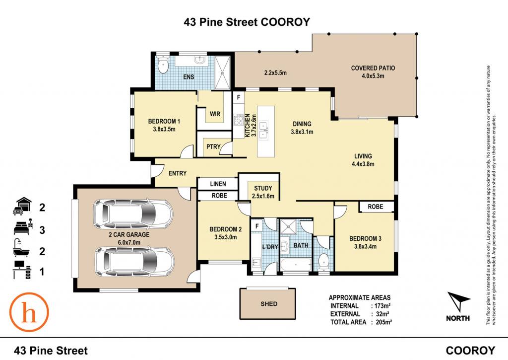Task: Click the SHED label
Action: [269, 304]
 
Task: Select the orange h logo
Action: [29, 312]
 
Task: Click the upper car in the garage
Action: [133, 214]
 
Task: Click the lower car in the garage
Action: [134, 262]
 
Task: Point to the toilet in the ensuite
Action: [163, 66]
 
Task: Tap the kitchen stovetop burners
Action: [239, 120]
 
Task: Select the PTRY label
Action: [213, 146]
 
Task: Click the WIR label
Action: [215, 114]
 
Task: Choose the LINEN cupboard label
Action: [218, 184]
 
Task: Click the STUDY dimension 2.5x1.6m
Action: [263, 196]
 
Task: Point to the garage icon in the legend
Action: [22, 206]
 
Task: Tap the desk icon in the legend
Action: [22, 270]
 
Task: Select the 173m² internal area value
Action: [382, 305]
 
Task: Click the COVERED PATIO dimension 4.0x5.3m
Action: [373, 76]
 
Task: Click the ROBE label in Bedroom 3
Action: [376, 206]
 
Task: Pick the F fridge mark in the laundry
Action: [257, 226]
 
